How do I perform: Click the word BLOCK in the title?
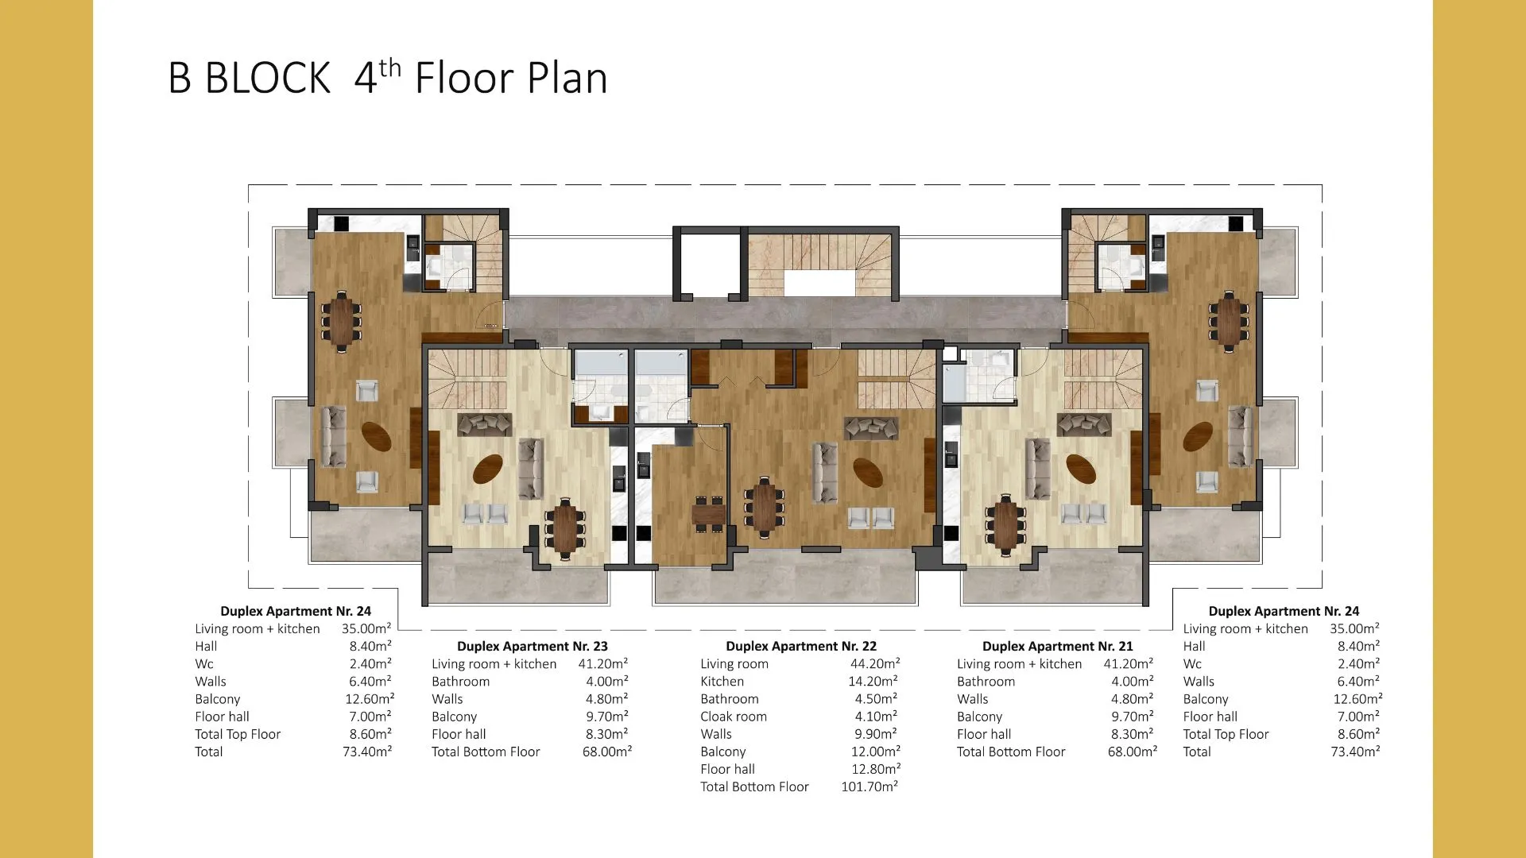[x=267, y=79]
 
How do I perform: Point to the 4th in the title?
[x=378, y=76]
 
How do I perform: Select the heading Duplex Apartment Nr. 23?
[x=533, y=646]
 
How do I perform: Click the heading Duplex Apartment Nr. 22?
[x=801, y=646]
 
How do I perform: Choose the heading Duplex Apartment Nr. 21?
[x=1058, y=646]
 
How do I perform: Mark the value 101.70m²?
[x=870, y=786]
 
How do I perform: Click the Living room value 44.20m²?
[x=875, y=663]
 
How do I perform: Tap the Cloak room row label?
[x=734, y=717]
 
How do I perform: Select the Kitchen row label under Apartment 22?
[x=722, y=681]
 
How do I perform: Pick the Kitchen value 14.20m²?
[x=873, y=681]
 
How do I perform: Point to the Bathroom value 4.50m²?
[x=876, y=699]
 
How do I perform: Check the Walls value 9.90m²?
[x=876, y=734]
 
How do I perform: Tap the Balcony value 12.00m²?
[x=876, y=752]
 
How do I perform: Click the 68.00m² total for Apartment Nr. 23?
[x=607, y=752]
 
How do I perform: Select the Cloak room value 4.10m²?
[x=876, y=717]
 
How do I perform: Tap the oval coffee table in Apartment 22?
[x=868, y=472]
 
